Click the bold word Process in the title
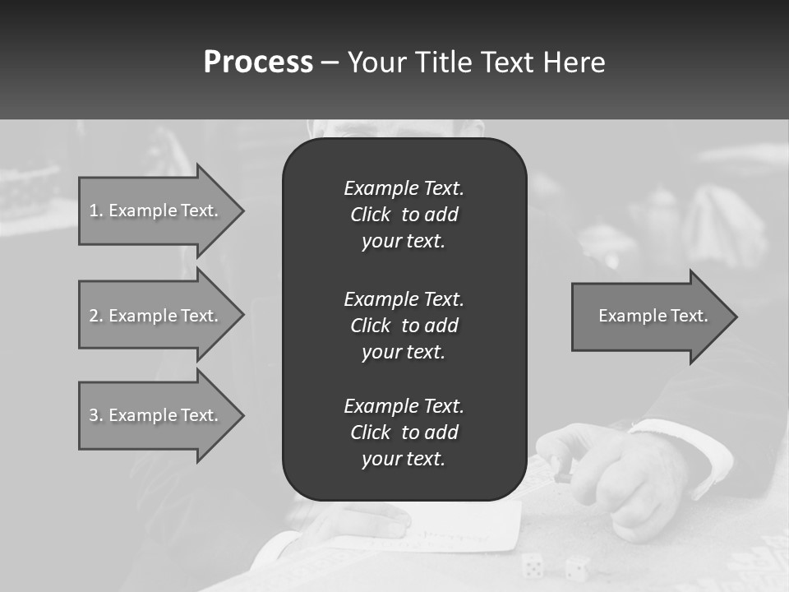click(x=258, y=62)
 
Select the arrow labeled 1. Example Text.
click(x=156, y=210)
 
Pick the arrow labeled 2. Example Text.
click(x=156, y=316)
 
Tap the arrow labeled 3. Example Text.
click(x=156, y=415)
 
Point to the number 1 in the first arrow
click(x=94, y=210)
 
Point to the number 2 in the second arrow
click(x=94, y=316)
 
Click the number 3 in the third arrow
click(x=94, y=415)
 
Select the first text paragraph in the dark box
click(x=404, y=215)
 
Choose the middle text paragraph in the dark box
click(x=404, y=326)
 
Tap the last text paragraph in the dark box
click(x=404, y=432)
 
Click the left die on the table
click(x=532, y=564)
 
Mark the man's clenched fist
click(x=641, y=485)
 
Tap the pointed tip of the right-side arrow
click(x=735, y=317)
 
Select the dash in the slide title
click(x=330, y=62)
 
